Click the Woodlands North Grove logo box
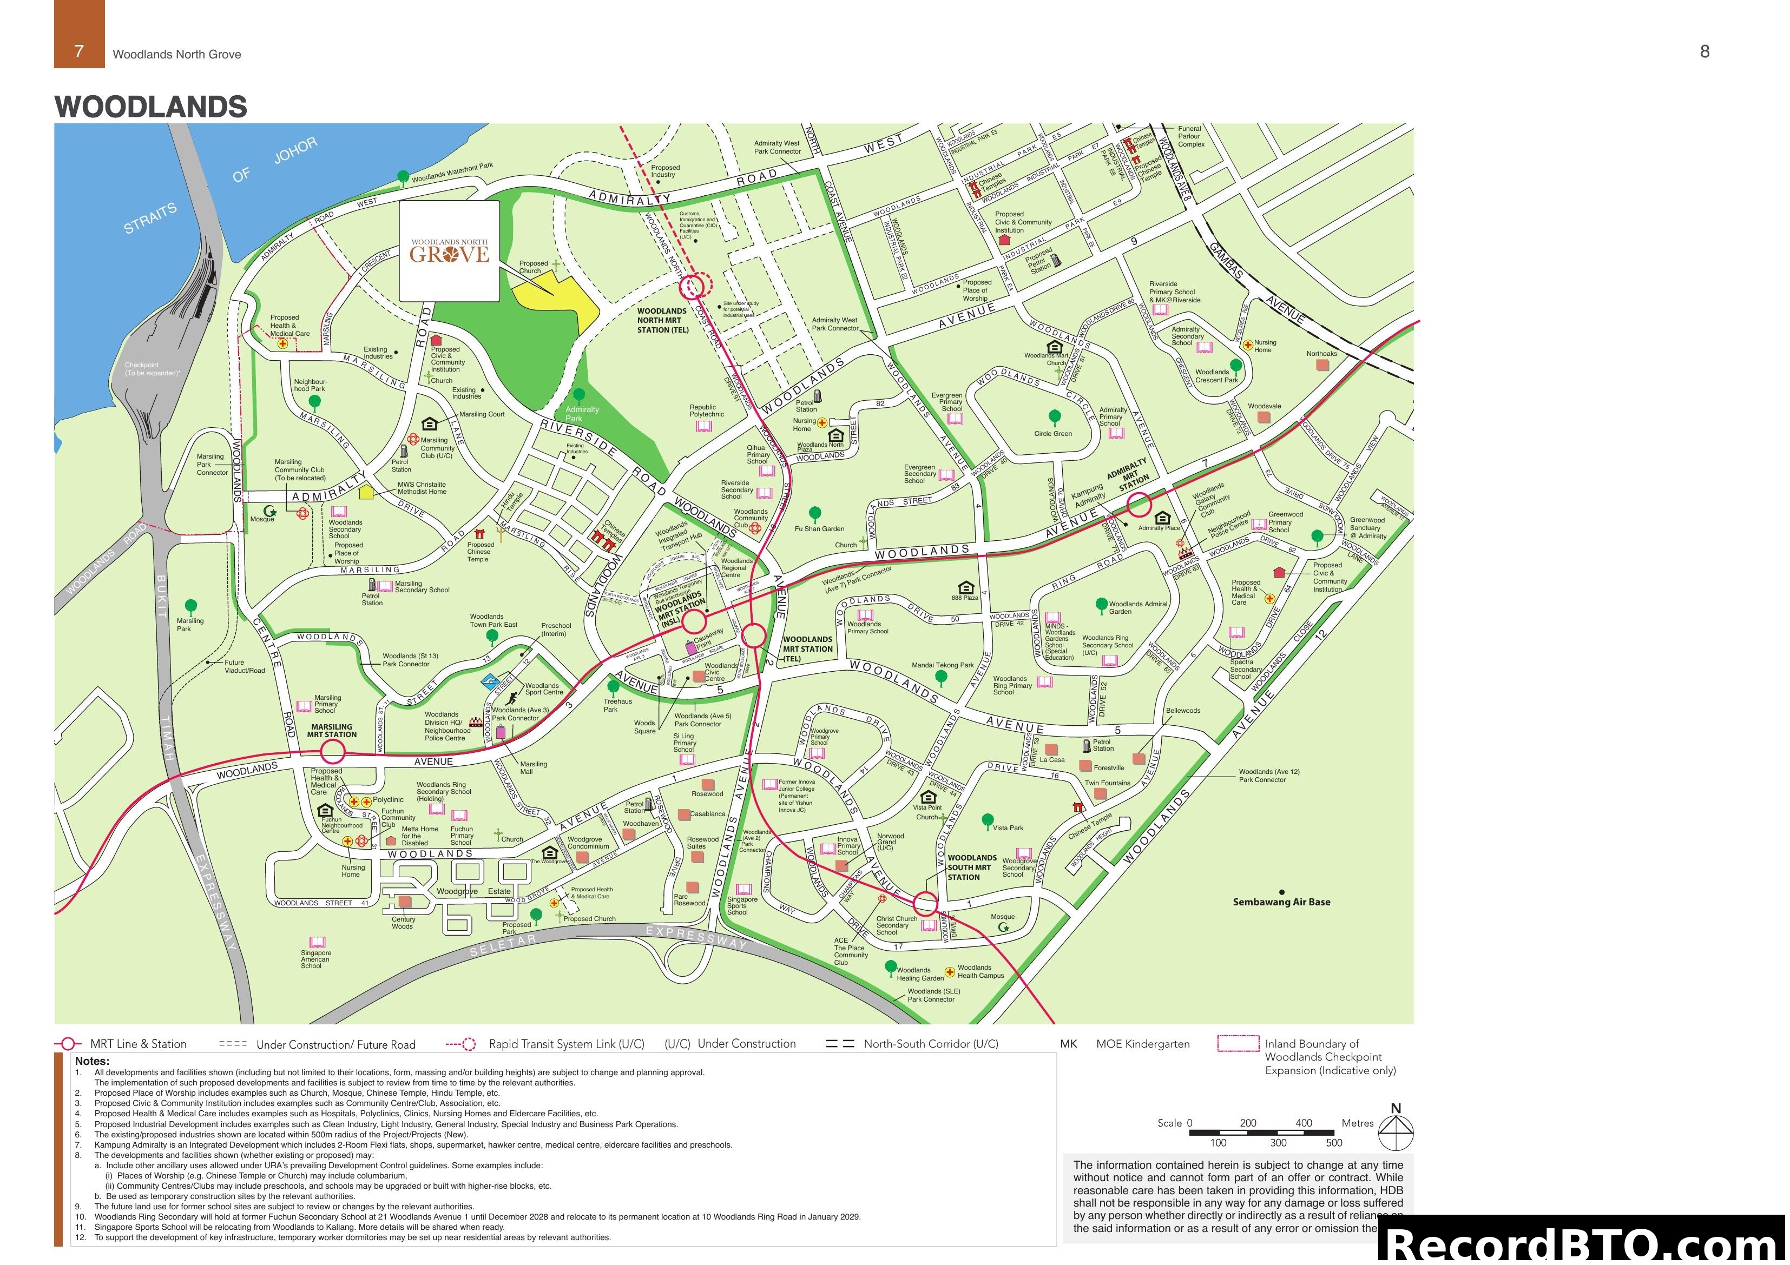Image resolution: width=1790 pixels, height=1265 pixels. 449,251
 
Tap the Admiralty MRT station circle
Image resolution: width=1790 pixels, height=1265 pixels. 1139,505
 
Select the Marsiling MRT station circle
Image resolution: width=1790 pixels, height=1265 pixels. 333,751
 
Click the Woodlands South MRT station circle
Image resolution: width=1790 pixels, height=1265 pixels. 925,904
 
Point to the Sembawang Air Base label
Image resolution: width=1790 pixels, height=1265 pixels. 1281,902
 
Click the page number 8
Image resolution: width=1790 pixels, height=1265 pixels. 1705,51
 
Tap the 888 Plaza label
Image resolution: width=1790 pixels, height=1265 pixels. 964,598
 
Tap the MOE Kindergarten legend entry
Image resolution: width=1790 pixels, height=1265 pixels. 1142,1044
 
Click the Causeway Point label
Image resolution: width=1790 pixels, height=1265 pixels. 707,639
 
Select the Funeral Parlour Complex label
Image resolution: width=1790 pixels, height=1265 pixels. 1190,136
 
